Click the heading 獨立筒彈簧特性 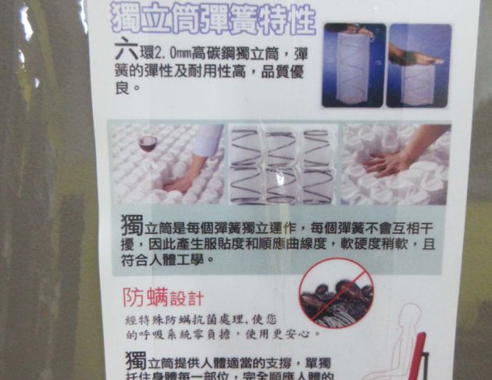click(x=212, y=18)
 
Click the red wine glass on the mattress click(x=147, y=145)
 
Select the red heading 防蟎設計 click(x=163, y=297)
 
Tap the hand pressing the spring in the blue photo click(x=415, y=58)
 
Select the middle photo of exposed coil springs click(x=283, y=165)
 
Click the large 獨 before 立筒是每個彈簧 click(x=133, y=226)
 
